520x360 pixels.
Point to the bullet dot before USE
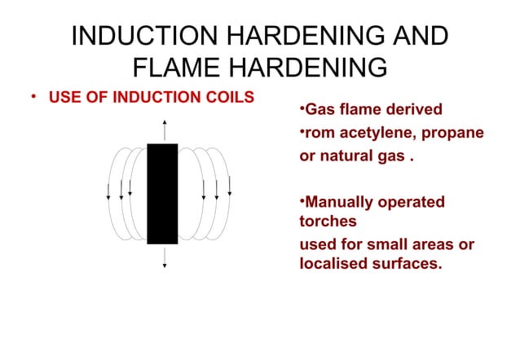point(33,97)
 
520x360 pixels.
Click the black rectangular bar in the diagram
point(162,193)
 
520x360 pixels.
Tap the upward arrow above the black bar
point(164,130)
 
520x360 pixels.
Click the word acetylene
point(378,132)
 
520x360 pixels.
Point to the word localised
point(334,263)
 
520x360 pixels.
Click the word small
point(394,244)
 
